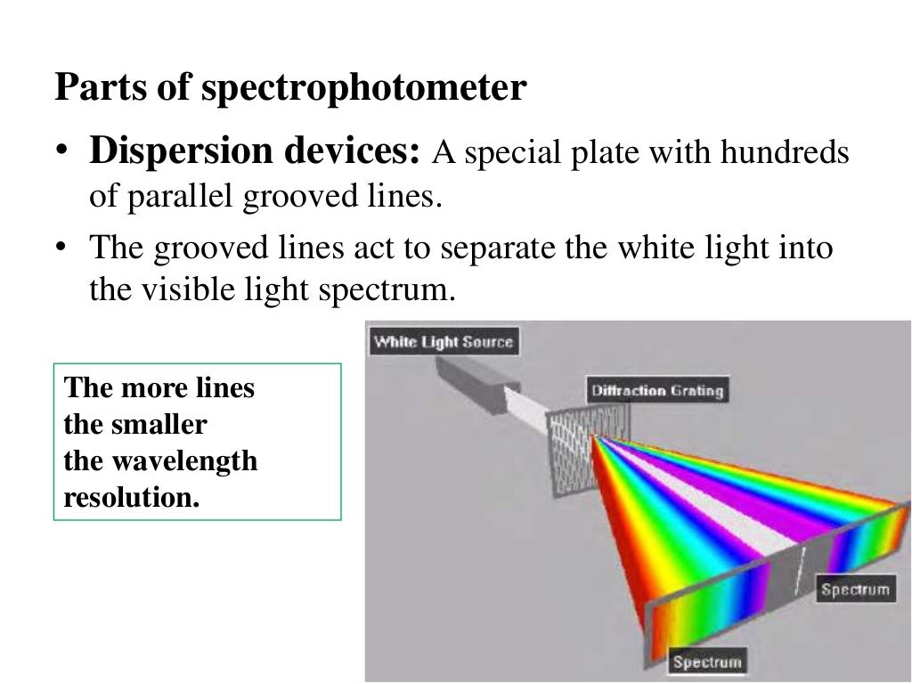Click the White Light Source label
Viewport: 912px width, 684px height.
(443, 342)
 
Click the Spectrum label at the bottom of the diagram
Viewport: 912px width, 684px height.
(707, 661)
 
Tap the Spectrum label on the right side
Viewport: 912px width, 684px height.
(855, 589)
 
